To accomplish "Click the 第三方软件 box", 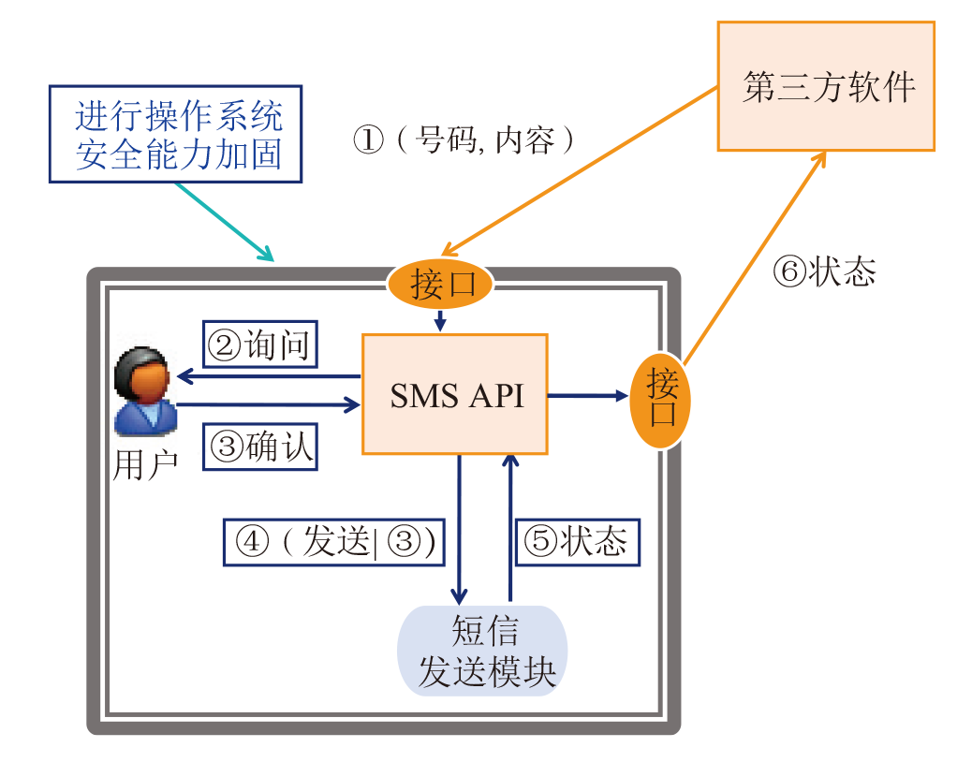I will pyautogui.click(x=826, y=86).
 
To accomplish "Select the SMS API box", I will pyautogui.click(x=455, y=394).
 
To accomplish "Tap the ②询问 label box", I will pyautogui.click(x=261, y=345).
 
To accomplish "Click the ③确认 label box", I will pyautogui.click(x=261, y=447).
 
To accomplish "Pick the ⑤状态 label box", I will pyautogui.click(x=578, y=541).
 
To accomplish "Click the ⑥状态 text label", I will pyautogui.click(x=824, y=271).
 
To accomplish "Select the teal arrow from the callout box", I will pyautogui.click(x=223, y=221).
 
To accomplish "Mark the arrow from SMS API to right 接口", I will pyautogui.click(x=588, y=396).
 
